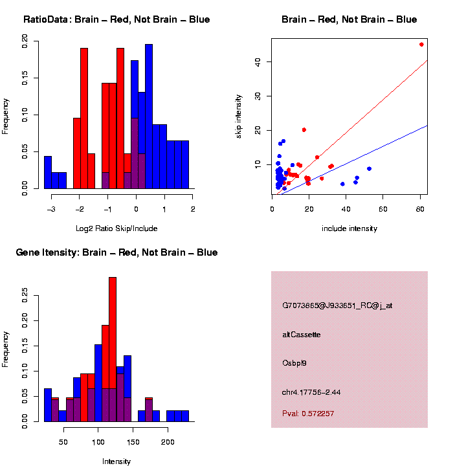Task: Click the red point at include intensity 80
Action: pyautogui.click(x=421, y=45)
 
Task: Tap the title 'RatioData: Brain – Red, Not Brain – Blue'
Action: pyautogui.click(x=116, y=19)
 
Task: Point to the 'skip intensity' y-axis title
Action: pyautogui.click(x=239, y=115)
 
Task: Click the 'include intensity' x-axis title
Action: pyautogui.click(x=349, y=228)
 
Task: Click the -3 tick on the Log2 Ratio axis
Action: pyautogui.click(x=51, y=210)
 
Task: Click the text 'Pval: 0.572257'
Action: pyautogui.click(x=308, y=414)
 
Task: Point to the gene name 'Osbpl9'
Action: pyautogui.click(x=294, y=362)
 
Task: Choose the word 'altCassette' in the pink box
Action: pyautogui.click(x=302, y=335)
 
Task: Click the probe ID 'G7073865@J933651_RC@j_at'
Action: pyautogui.click(x=337, y=305)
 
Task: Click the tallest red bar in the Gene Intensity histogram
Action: pyautogui.click(x=113, y=349)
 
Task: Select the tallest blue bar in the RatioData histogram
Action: pyautogui.click(x=149, y=116)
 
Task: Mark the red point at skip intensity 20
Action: pyautogui.click(x=304, y=130)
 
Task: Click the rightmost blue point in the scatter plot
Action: pyautogui.click(x=369, y=169)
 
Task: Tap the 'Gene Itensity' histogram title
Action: pyautogui.click(x=116, y=252)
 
